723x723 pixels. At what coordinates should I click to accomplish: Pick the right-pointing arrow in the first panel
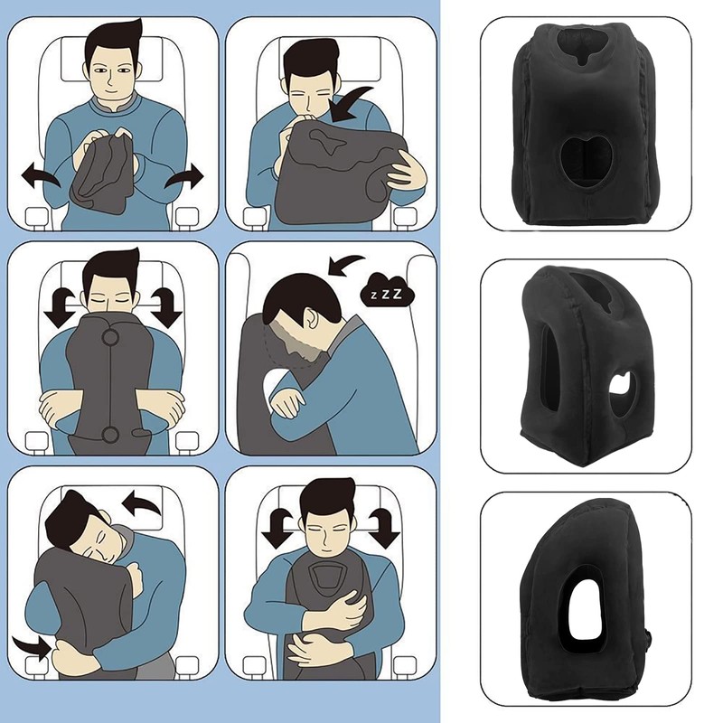coord(191,176)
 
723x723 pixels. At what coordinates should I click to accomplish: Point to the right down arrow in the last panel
coord(384,523)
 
